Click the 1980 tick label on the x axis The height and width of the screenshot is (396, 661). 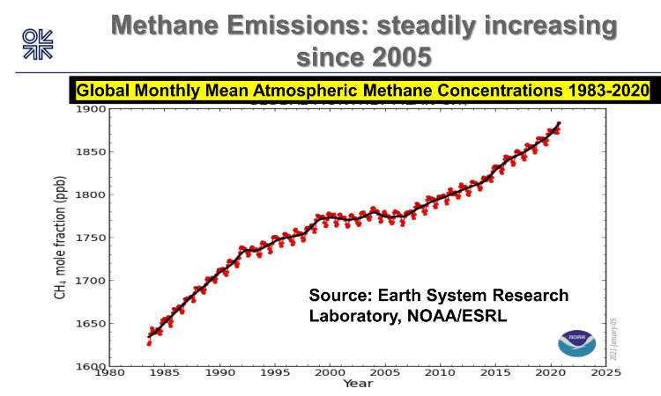click(x=108, y=373)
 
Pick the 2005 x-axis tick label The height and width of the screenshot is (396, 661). click(x=384, y=373)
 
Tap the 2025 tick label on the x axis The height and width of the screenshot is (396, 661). click(x=605, y=373)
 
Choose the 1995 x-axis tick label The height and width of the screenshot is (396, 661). click(x=274, y=373)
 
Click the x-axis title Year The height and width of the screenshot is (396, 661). click(x=357, y=384)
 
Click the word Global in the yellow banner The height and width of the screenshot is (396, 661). click(x=100, y=91)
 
